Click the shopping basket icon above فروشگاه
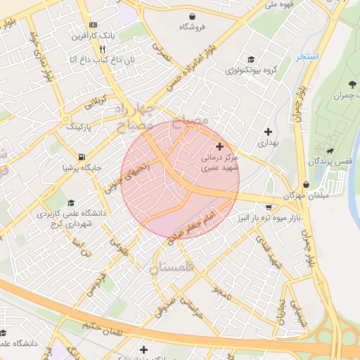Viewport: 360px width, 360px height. [x=192, y=16]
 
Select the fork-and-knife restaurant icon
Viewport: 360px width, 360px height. [x=102, y=49]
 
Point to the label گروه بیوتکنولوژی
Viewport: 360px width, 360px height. [x=251, y=70]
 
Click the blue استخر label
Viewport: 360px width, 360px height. [x=308, y=56]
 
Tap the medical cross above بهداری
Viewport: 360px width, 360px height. [x=268, y=131]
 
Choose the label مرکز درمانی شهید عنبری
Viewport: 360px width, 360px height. [x=220, y=163]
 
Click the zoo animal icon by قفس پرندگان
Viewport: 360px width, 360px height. [x=328, y=150]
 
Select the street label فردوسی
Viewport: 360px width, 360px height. [x=101, y=283]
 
